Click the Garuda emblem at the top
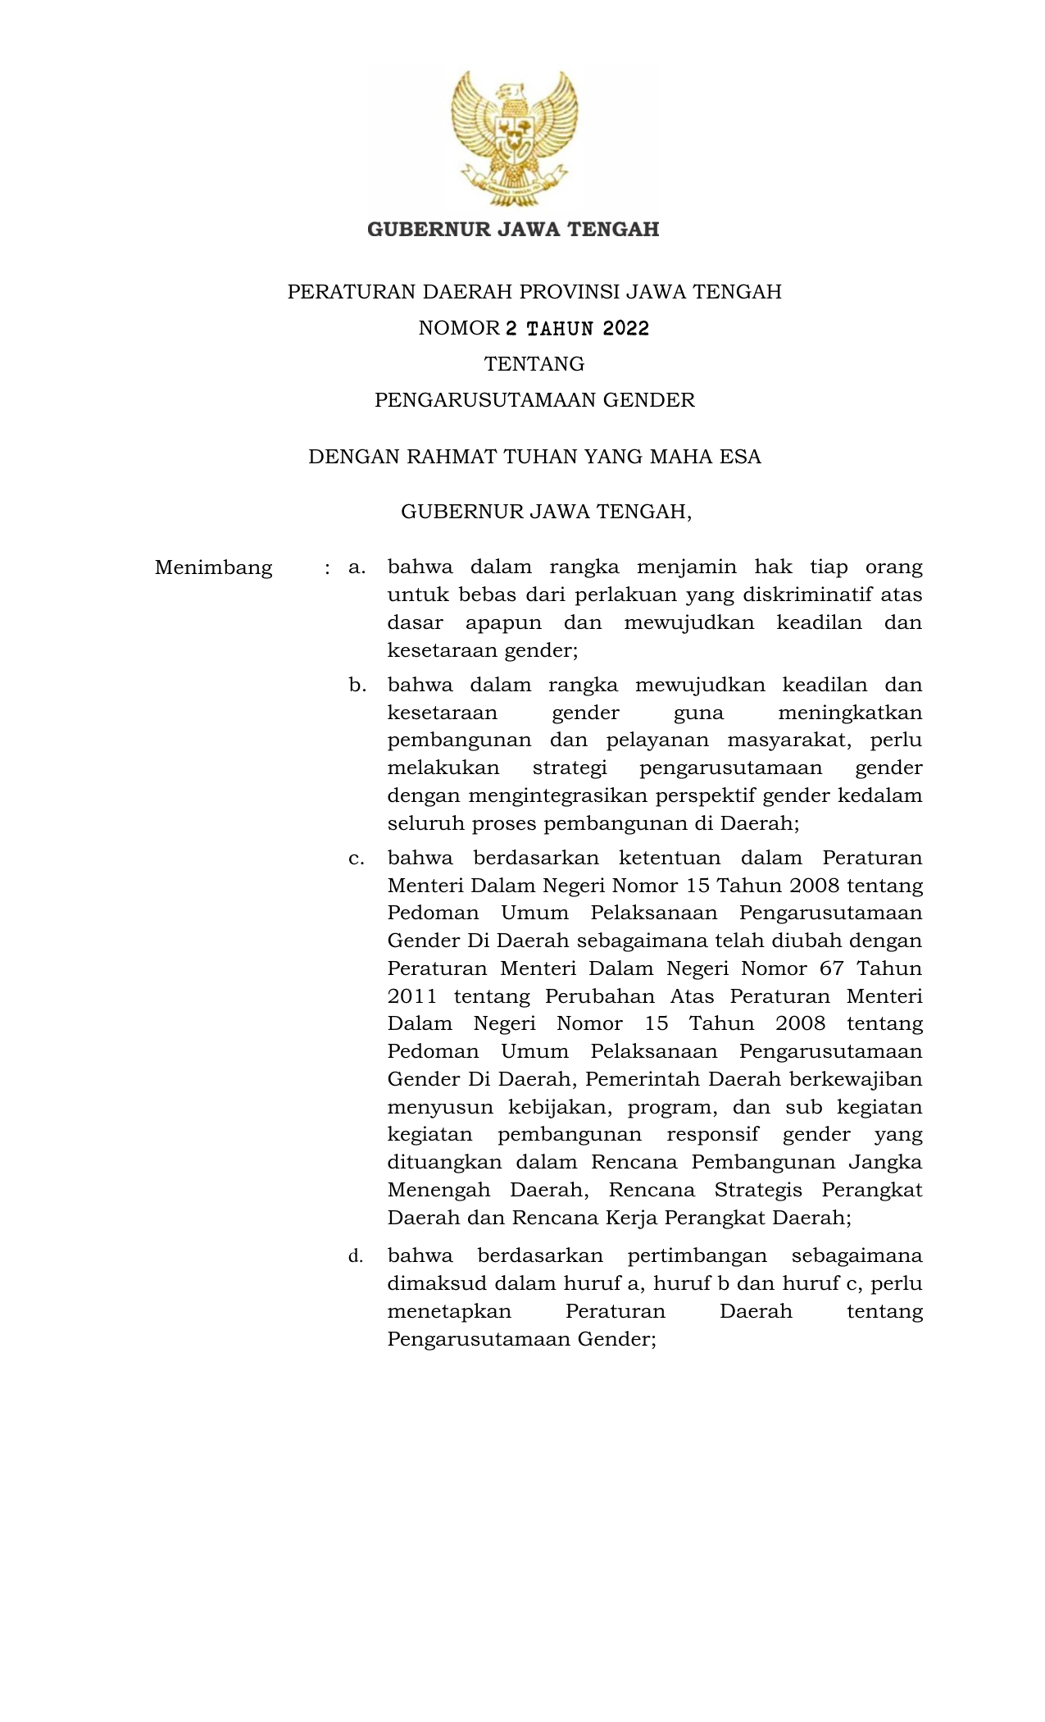[514, 138]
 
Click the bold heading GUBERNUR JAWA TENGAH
[513, 230]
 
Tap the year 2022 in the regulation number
[625, 329]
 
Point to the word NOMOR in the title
[458, 329]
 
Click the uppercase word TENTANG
[534, 364]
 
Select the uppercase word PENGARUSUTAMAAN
[486, 400]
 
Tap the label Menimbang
[213, 567]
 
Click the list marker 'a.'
[357, 567]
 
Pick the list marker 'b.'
[357, 685]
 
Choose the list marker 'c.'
[357, 859]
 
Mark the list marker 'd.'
[356, 1256]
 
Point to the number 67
[831, 968]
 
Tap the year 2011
[411, 996]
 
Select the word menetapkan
[449, 1311]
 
